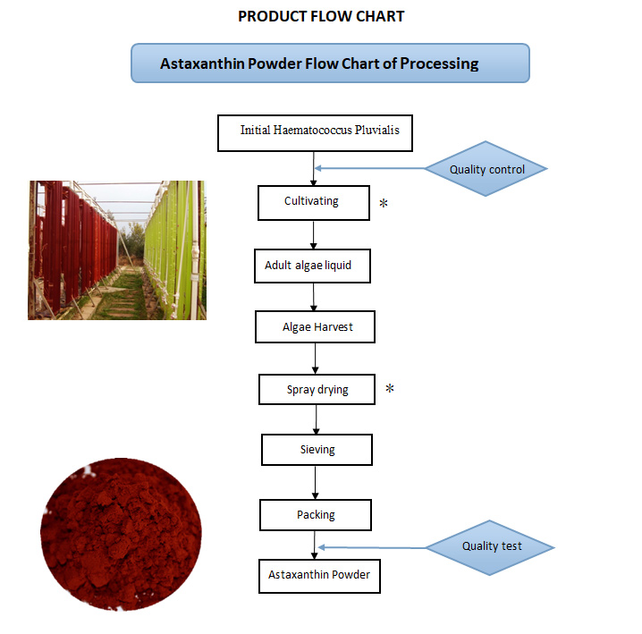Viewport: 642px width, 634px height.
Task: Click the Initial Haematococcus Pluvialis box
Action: [x=315, y=131]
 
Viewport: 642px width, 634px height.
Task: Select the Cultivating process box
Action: [x=313, y=202]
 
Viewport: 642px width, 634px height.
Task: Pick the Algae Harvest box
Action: [x=315, y=327]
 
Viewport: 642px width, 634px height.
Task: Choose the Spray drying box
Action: [x=317, y=390]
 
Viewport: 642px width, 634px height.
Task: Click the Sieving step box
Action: [x=317, y=450]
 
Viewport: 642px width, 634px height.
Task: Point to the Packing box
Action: [x=316, y=515]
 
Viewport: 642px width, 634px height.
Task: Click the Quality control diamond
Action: [x=486, y=169]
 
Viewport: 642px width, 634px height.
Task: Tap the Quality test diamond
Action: [x=491, y=546]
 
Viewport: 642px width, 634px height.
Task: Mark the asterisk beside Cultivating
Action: [x=384, y=204]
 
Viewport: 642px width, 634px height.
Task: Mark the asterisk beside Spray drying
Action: [x=389, y=390]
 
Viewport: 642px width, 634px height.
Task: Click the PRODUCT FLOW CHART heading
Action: [x=321, y=16]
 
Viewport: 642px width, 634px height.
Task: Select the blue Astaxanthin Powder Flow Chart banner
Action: [x=330, y=63]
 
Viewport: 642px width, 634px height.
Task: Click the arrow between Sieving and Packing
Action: [x=316, y=483]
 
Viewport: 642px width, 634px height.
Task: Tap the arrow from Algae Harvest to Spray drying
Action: [x=316, y=359]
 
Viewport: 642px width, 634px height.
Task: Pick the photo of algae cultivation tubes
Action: [x=117, y=250]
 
